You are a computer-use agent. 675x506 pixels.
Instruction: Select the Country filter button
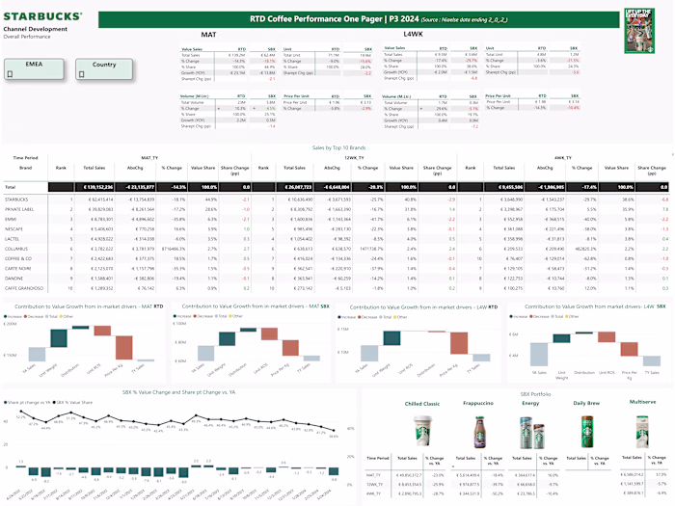[x=105, y=66]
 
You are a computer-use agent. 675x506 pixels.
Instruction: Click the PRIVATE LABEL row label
[x=21, y=207]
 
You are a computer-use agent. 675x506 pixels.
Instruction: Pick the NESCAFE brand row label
[x=19, y=227]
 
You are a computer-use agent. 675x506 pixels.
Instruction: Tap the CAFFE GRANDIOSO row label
[x=25, y=288]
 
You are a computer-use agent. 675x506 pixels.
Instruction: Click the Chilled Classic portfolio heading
[x=421, y=403]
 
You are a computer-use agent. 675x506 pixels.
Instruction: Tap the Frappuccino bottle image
[x=479, y=433]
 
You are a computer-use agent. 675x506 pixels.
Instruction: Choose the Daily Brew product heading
[x=587, y=403]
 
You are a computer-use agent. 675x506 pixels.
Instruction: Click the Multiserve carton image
[x=640, y=431]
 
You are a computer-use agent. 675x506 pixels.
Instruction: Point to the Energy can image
[x=531, y=433]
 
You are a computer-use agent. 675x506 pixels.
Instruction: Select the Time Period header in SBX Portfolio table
[x=378, y=458]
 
